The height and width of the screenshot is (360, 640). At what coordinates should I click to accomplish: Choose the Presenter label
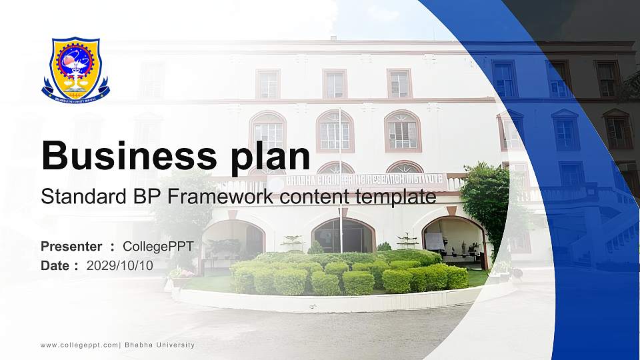click(x=71, y=247)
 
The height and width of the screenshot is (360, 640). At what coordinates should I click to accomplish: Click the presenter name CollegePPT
click(x=158, y=247)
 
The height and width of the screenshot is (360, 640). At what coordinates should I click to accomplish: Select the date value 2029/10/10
click(x=119, y=265)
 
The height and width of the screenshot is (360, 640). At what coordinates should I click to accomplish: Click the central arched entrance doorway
click(x=343, y=235)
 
